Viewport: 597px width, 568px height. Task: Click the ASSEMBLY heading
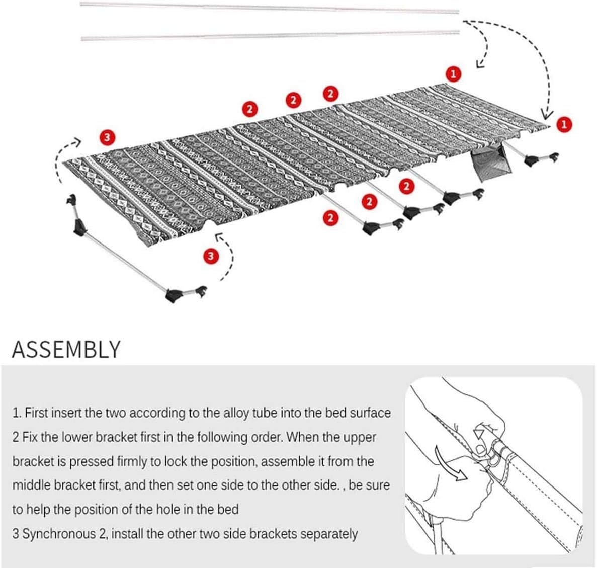click(x=66, y=349)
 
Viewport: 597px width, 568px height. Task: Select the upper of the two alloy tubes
click(x=270, y=8)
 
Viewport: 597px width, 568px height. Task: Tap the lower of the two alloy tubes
click(x=270, y=36)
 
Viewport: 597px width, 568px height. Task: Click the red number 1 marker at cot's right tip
click(x=564, y=124)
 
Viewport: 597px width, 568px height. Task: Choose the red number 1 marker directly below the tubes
click(x=453, y=74)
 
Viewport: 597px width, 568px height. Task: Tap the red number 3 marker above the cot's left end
click(x=108, y=136)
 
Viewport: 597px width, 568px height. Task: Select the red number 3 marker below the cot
click(x=211, y=256)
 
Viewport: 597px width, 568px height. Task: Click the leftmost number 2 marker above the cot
click(x=249, y=108)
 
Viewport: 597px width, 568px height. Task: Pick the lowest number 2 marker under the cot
click(x=330, y=218)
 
